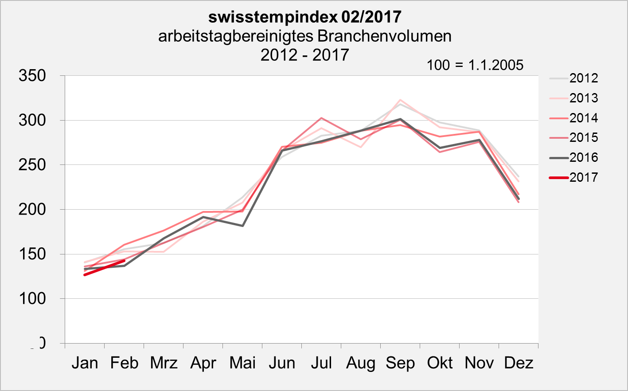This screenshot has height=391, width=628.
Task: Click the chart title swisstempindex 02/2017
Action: point(304,17)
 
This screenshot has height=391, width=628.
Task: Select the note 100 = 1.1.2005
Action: point(475,65)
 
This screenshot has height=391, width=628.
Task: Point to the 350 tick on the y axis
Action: point(32,76)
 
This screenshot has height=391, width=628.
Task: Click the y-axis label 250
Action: point(32,165)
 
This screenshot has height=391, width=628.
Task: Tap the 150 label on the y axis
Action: point(32,254)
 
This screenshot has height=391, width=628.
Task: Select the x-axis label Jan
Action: point(85,363)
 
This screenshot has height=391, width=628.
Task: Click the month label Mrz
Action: point(164,363)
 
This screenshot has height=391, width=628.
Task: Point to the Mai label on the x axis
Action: point(242,363)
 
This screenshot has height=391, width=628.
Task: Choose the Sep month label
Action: point(400,363)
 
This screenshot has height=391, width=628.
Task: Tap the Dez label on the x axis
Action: point(519,363)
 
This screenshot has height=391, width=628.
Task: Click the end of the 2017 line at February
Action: point(124,261)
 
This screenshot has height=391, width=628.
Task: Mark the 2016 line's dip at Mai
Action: point(242,226)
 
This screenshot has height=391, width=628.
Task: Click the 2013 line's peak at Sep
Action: point(400,100)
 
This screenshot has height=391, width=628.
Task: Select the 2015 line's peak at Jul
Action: point(321,118)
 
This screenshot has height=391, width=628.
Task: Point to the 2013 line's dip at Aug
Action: point(361,147)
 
